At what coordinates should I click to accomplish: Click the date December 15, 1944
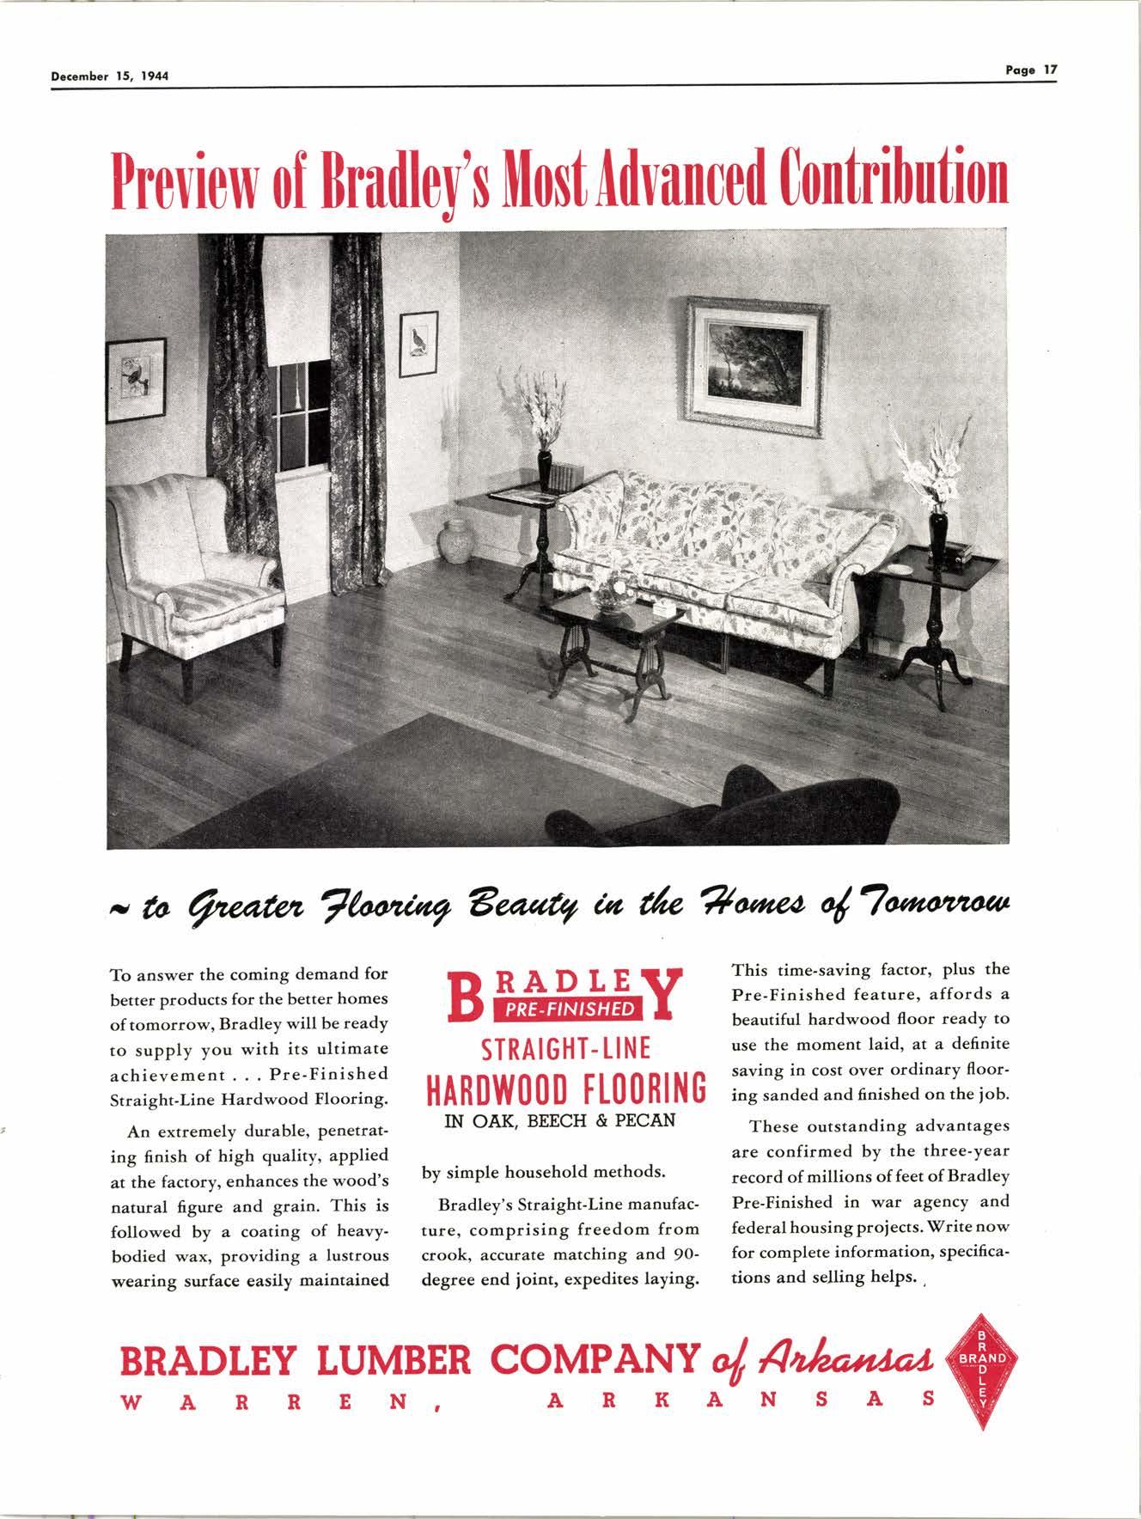click(108, 76)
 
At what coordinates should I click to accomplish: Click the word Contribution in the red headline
click(893, 179)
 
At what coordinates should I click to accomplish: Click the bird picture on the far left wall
click(136, 378)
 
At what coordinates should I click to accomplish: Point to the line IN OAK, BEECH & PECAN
click(559, 1120)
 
